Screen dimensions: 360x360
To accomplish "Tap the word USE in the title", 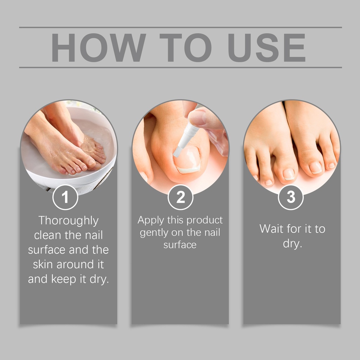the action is click(267, 47).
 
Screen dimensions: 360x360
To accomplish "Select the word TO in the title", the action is click(186, 47).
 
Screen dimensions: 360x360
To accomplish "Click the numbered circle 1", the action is click(65, 197).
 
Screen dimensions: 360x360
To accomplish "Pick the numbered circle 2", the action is click(180, 197).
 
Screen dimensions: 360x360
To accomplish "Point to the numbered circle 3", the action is click(291, 197).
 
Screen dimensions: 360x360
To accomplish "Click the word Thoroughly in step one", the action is click(69, 221).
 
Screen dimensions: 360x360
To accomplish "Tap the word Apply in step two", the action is click(150, 220).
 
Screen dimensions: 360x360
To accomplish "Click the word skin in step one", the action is click(43, 264).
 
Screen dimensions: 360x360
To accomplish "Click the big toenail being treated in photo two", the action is click(187, 159).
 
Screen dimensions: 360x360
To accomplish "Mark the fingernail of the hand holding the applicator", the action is click(197, 117).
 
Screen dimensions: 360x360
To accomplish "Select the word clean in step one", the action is click(47, 235).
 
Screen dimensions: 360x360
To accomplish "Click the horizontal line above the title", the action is click(180, 27).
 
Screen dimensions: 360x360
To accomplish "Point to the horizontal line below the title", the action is click(180, 67).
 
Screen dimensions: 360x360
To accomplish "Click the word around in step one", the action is click(75, 264).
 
